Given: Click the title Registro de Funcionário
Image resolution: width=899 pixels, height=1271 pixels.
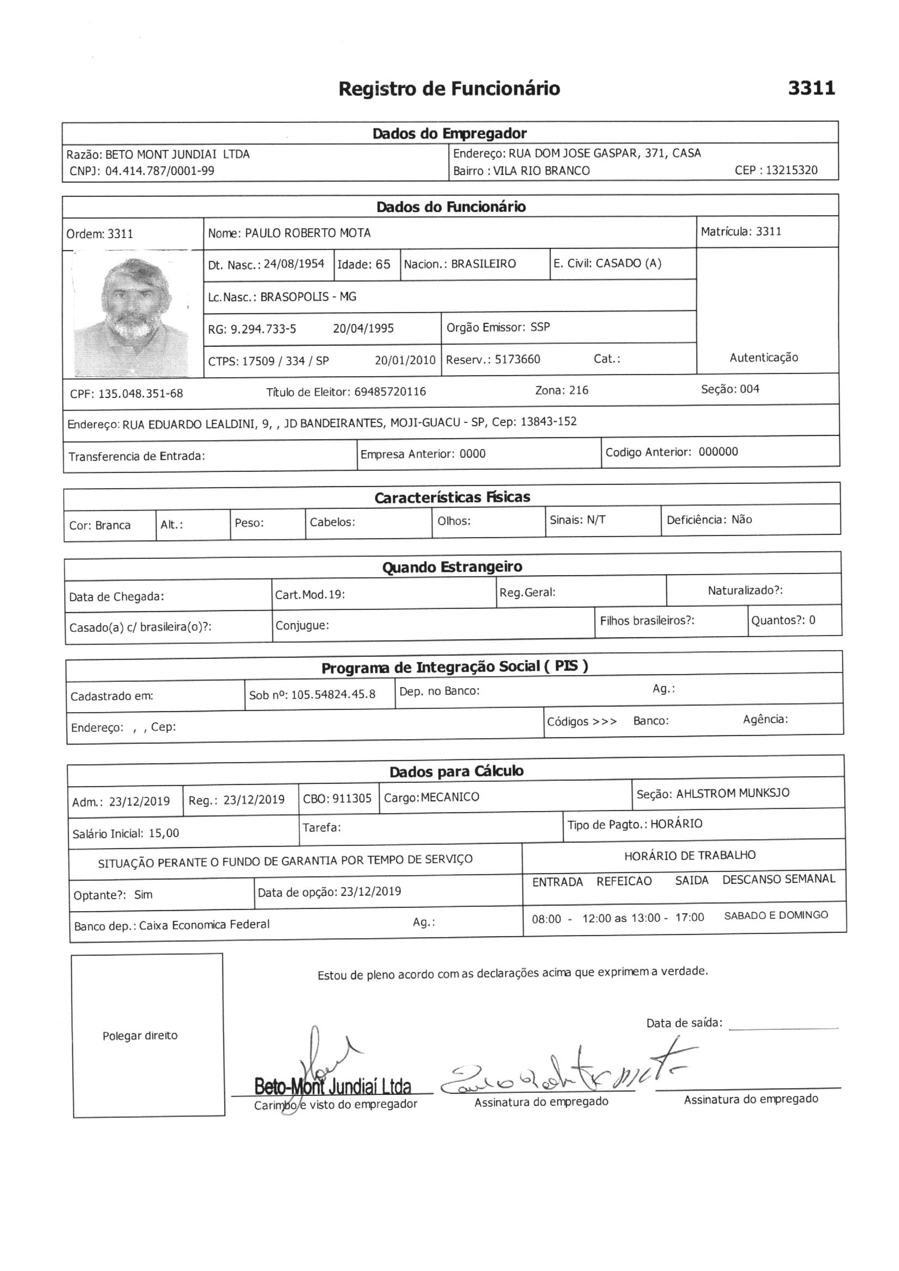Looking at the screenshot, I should (x=449, y=89).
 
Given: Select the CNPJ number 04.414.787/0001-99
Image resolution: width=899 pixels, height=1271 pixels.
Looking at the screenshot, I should (x=159, y=171).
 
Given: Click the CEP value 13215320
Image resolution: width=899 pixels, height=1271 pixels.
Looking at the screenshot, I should (x=791, y=171).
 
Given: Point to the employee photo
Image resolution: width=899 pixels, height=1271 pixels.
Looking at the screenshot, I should (x=133, y=313).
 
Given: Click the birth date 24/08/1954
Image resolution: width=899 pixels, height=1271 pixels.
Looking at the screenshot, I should (x=294, y=264).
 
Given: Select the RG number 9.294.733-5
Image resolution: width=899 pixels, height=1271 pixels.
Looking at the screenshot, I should (x=263, y=329).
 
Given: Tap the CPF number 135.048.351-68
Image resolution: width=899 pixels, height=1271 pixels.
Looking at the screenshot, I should (x=140, y=394).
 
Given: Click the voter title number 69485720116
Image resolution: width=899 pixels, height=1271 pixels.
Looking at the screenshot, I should (x=390, y=392).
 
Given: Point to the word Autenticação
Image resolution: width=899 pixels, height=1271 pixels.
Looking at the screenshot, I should (x=764, y=358).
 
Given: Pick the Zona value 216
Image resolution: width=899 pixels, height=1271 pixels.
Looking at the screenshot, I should (x=578, y=390).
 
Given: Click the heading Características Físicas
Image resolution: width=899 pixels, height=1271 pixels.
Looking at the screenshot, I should (x=452, y=497).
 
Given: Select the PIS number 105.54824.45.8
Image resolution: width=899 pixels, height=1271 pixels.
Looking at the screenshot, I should (x=333, y=695).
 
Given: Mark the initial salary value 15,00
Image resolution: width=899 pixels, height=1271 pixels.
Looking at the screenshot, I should (x=164, y=833).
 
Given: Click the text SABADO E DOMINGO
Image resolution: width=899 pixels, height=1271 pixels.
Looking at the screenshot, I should (x=776, y=915).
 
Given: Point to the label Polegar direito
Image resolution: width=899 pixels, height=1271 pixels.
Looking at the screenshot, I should (x=140, y=1036).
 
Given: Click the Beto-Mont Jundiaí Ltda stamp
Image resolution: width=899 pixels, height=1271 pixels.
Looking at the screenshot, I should (x=332, y=1087).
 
